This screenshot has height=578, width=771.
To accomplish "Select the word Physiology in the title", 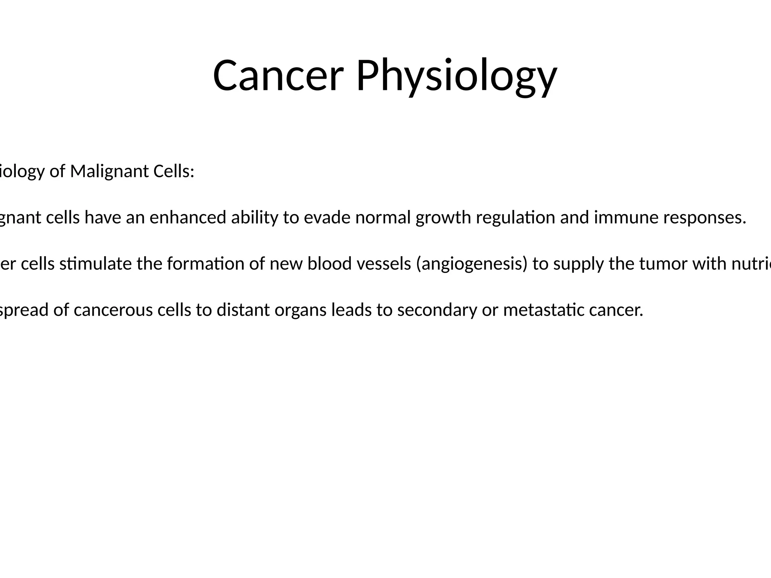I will click(456, 77).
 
